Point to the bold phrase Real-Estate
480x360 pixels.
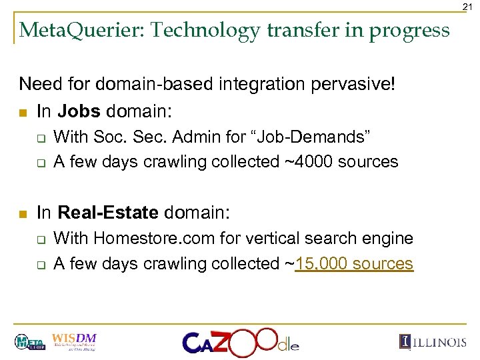108,213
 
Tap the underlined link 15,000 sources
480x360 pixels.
355,263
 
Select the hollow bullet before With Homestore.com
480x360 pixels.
41,239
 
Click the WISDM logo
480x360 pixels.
73,341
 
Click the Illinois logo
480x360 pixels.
433,341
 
